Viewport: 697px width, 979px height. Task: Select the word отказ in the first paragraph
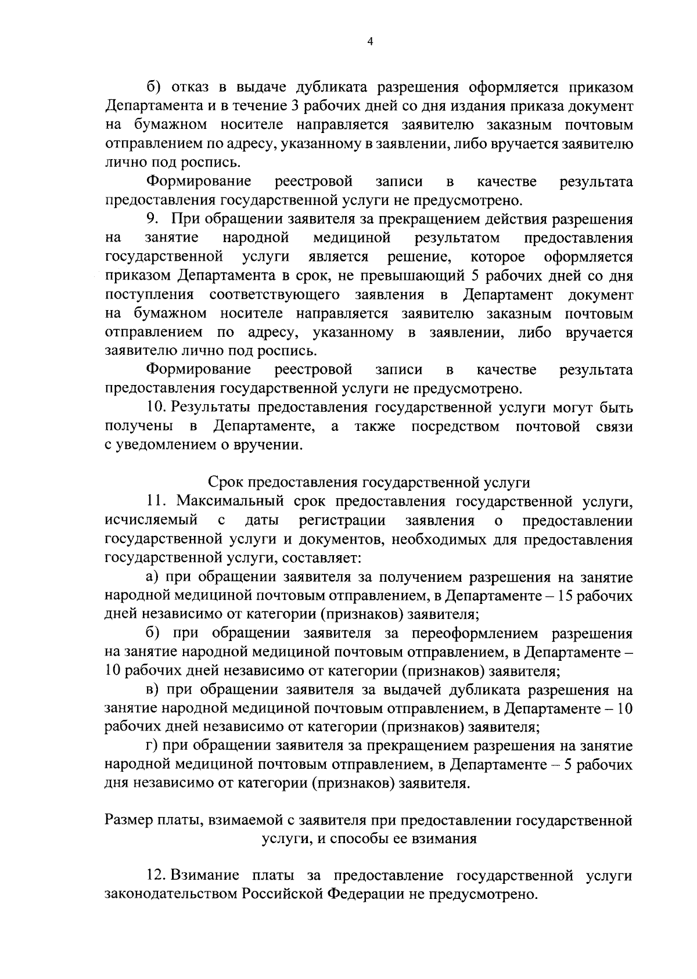(x=189, y=88)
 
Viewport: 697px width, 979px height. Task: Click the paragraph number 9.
(x=152, y=219)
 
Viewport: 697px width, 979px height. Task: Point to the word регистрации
(x=342, y=520)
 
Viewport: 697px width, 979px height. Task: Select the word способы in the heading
(x=339, y=839)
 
